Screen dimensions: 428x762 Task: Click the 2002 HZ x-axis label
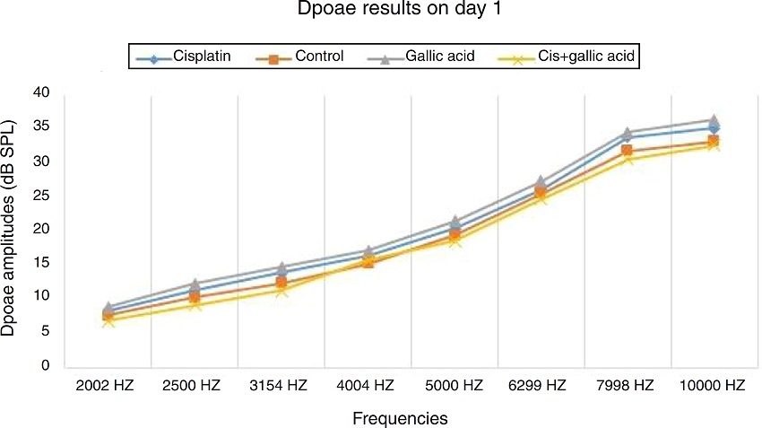click(108, 386)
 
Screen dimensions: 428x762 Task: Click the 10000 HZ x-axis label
click(714, 386)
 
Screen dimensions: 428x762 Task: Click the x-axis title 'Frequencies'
click(400, 418)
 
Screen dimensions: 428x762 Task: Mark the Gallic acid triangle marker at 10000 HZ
click(714, 120)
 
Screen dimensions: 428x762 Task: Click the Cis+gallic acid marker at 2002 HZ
click(108, 320)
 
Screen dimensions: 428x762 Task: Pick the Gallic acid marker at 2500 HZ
click(195, 284)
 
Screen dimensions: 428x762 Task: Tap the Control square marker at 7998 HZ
click(628, 151)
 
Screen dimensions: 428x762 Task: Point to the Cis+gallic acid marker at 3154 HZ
click(281, 290)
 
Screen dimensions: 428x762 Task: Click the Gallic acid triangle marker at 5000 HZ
click(455, 221)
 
